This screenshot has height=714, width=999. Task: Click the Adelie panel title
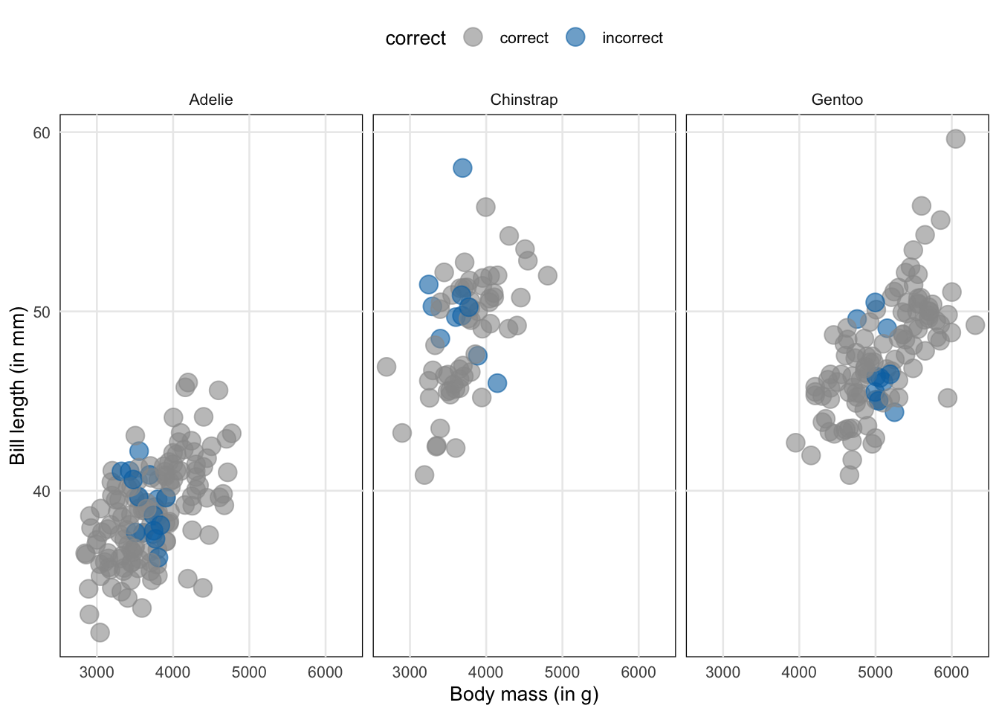pyautogui.click(x=211, y=100)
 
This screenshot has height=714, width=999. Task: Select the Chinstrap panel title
pyautogui.click(x=524, y=100)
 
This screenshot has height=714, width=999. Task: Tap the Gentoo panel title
pyautogui.click(x=837, y=100)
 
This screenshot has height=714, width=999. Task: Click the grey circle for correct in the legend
pyautogui.click(x=473, y=37)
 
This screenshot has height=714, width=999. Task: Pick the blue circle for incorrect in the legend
pyautogui.click(x=575, y=37)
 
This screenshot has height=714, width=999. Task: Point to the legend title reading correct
pyautogui.click(x=416, y=39)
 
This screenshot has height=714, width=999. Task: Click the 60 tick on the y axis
pyautogui.click(x=42, y=133)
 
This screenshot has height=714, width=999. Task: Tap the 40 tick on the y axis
pyautogui.click(x=42, y=491)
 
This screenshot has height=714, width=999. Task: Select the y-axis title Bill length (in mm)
pyautogui.click(x=17, y=385)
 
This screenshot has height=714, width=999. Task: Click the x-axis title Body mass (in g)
pyautogui.click(x=524, y=695)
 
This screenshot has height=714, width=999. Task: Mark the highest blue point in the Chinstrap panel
pyautogui.click(x=462, y=168)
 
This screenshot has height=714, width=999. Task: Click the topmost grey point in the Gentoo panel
pyautogui.click(x=955, y=138)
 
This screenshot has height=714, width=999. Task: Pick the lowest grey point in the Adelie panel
pyautogui.click(x=100, y=632)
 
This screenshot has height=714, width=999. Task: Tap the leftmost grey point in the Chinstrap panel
pyautogui.click(x=386, y=367)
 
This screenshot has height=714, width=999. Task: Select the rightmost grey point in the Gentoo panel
pyautogui.click(x=975, y=325)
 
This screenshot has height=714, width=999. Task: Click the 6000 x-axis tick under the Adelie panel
pyautogui.click(x=325, y=672)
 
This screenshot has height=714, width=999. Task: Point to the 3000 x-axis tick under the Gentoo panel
pyautogui.click(x=722, y=672)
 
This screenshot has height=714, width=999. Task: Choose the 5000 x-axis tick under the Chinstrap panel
pyautogui.click(x=562, y=672)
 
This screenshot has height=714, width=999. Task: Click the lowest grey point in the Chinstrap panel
pyautogui.click(x=424, y=475)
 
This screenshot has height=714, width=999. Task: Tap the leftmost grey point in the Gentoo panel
pyautogui.click(x=795, y=443)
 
